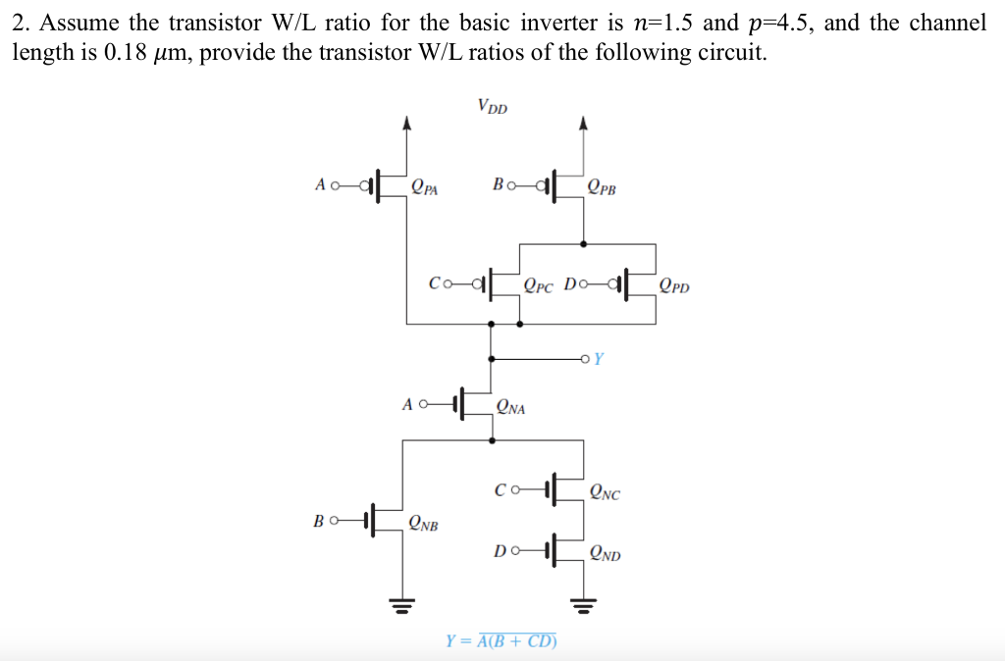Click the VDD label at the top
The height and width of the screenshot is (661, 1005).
(493, 107)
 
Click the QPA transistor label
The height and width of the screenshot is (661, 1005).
(425, 186)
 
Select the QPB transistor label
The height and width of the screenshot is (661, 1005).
(602, 186)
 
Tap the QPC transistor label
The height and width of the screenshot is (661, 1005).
(539, 287)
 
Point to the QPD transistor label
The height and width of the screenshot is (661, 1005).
(674, 287)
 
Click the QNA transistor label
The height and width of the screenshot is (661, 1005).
(510, 406)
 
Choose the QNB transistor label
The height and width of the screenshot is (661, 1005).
(423, 523)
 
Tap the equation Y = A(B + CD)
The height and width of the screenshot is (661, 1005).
(502, 641)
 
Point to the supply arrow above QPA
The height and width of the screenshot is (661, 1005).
(407, 123)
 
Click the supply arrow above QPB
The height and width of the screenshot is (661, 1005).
(584, 123)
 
